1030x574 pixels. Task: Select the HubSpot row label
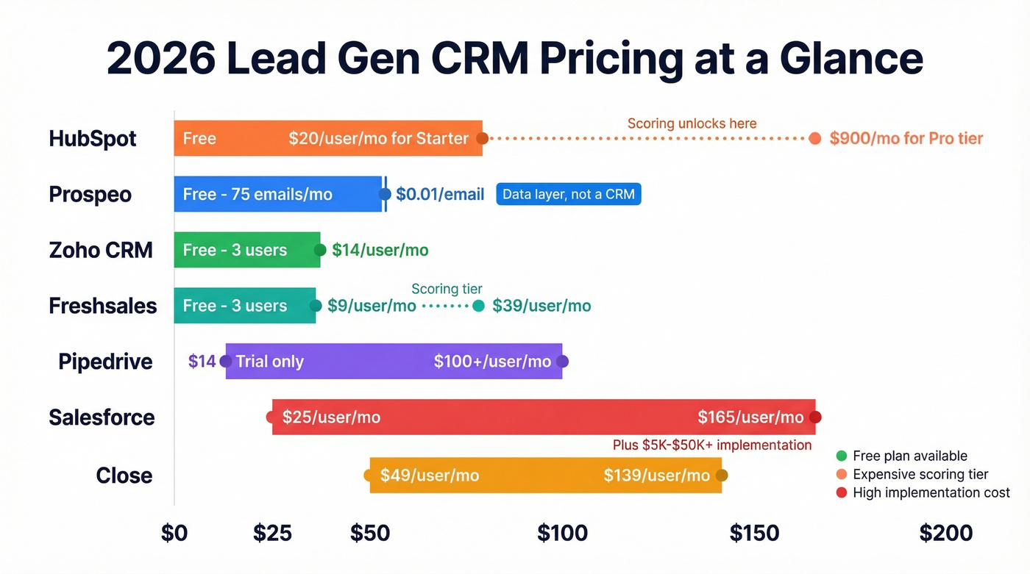coord(93,139)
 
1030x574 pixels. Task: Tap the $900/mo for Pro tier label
coord(906,139)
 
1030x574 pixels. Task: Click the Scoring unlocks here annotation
coord(692,123)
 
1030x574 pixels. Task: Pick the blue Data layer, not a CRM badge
coord(569,194)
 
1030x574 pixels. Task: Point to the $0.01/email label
coord(440,195)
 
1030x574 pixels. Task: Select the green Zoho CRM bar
coord(246,250)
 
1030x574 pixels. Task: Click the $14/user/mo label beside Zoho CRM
coord(380,250)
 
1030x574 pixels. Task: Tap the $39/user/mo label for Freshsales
coord(541,306)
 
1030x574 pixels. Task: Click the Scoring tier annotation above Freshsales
coord(447,289)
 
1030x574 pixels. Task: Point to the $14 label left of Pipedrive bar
coord(202,362)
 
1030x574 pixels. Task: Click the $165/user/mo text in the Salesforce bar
coord(750,417)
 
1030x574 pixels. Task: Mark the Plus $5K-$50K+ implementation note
coord(711,445)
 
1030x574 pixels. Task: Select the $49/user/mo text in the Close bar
coord(430,476)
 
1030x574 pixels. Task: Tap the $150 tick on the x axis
coord(754,533)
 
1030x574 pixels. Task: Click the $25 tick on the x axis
coord(272,533)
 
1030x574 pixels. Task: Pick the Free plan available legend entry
coord(909,456)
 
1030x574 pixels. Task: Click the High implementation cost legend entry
coord(931,493)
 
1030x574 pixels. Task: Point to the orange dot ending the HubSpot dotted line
coord(814,139)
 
